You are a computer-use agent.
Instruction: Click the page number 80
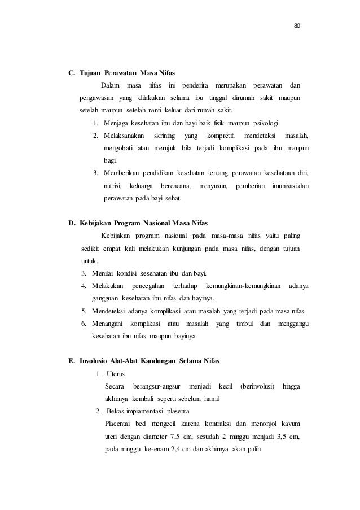click(297, 25)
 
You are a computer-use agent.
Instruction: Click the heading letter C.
click(72, 73)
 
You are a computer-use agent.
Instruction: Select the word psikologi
click(266, 123)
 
